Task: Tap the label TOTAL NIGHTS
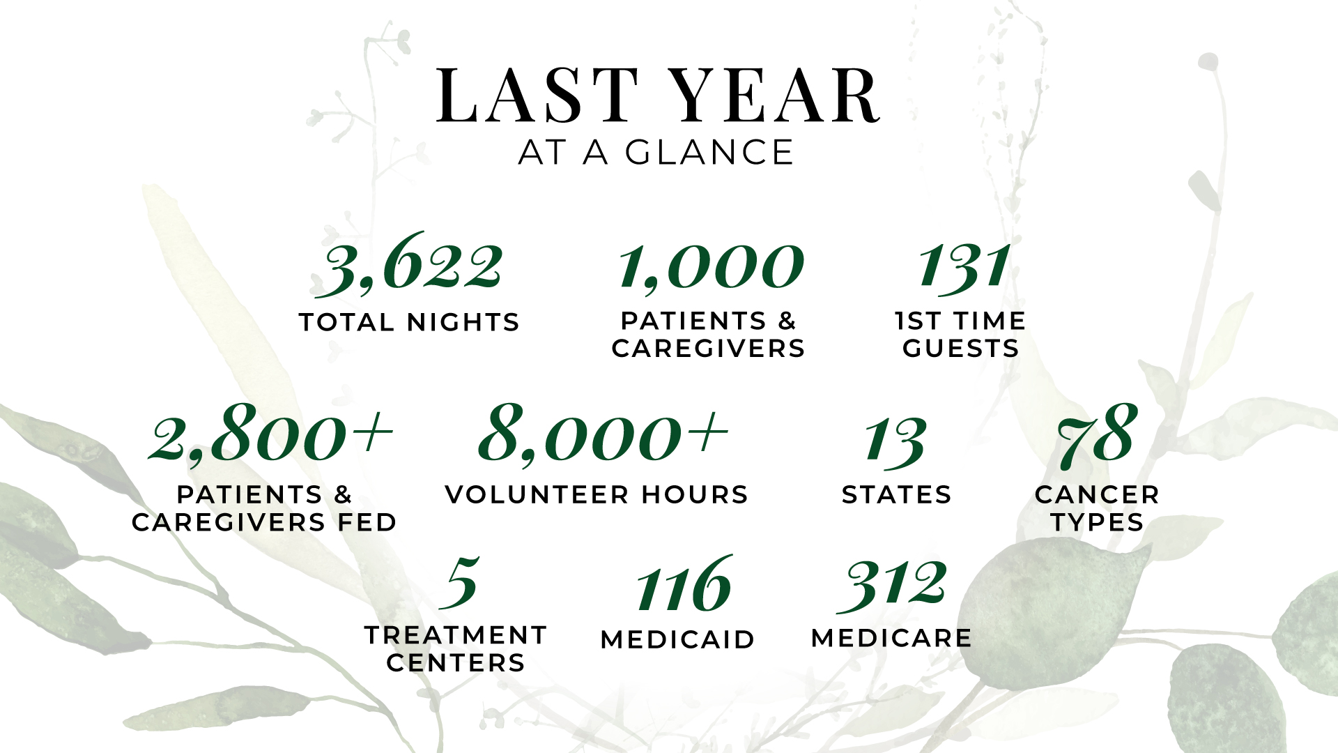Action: (x=409, y=322)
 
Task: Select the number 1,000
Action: (x=711, y=267)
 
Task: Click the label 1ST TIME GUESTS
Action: (x=960, y=335)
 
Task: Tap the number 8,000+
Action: (x=603, y=434)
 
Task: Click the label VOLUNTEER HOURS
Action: (x=597, y=494)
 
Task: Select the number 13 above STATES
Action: (x=895, y=441)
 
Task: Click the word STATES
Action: (x=897, y=494)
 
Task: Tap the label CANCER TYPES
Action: (x=1098, y=508)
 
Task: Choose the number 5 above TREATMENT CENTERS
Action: (x=460, y=582)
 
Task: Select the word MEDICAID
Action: (x=677, y=639)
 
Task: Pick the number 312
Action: (x=892, y=586)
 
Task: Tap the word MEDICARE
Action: (x=891, y=638)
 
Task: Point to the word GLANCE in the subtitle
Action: (x=709, y=153)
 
